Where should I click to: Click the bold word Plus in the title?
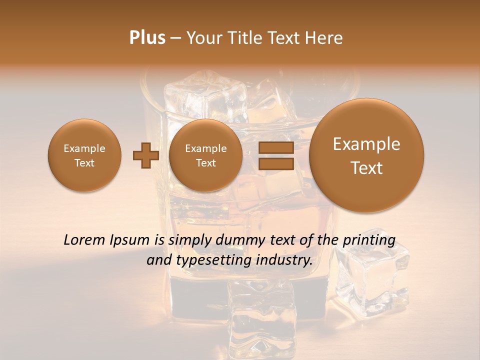tap(147, 37)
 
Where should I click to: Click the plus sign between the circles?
tap(146, 155)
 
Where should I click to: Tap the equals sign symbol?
tap(275, 155)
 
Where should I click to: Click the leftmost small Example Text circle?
tap(84, 155)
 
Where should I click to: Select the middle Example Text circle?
tap(206, 155)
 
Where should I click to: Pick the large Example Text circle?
tap(366, 155)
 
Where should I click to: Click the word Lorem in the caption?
tap(85, 240)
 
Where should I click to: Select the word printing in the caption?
tap(369, 240)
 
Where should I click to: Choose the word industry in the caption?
tap(284, 260)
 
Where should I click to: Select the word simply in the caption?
tap(187, 240)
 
